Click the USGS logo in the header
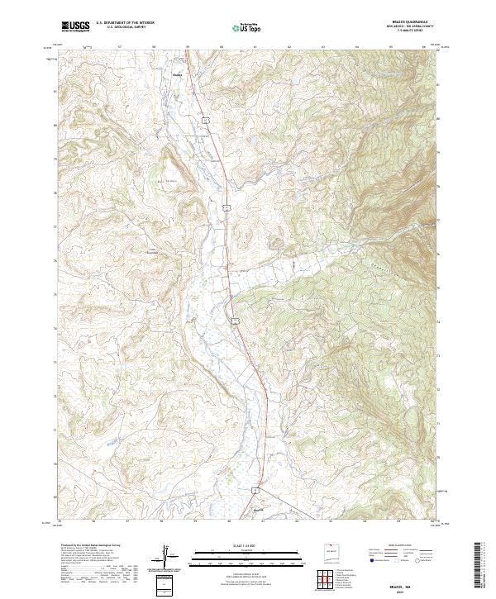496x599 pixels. coord(75,26)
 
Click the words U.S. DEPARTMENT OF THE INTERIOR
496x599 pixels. coord(125,23)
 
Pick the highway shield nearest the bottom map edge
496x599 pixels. coord(257,490)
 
